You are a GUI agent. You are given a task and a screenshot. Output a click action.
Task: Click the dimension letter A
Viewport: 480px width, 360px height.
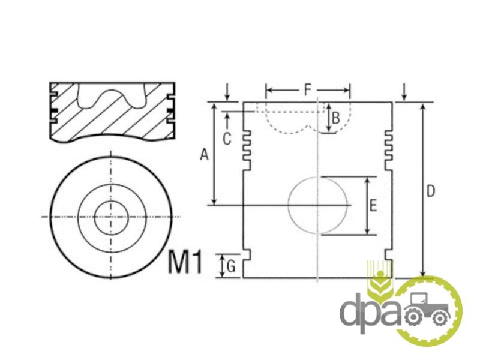pos(204,154)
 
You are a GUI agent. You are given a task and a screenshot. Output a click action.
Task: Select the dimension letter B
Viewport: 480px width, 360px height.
pos(336,118)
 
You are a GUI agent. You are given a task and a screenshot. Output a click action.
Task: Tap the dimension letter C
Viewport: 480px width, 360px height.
pos(227,139)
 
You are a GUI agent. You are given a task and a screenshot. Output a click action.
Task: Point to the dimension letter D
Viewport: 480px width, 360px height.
pos(430,191)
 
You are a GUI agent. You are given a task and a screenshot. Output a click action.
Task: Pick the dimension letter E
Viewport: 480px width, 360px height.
pos(373,205)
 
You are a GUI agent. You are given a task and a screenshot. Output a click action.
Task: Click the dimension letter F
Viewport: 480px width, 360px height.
pos(307,90)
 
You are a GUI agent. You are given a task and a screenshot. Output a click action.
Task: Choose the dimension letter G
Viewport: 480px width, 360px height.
pos(231,266)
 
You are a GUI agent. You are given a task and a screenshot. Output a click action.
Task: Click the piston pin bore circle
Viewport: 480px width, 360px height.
pos(288,205)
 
